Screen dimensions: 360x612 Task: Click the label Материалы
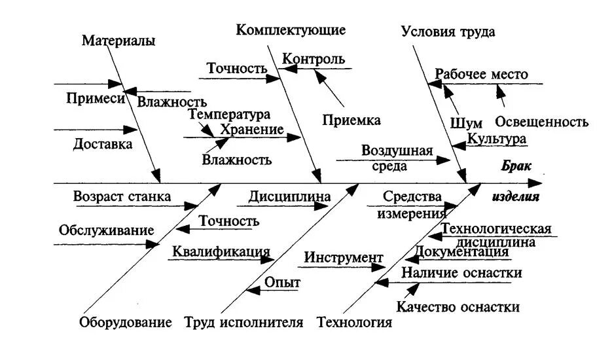(118, 41)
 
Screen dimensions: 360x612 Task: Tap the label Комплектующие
(291, 30)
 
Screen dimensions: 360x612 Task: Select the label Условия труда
(448, 31)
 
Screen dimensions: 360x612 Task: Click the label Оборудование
(126, 322)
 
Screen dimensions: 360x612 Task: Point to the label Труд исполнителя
(243, 322)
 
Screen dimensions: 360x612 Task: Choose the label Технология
(354, 322)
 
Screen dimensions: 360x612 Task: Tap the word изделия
(516, 196)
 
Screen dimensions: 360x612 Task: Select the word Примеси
(95, 98)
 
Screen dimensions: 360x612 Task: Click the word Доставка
(103, 144)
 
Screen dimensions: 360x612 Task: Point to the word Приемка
(351, 120)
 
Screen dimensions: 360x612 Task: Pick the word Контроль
(314, 59)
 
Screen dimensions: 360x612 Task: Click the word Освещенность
(542, 122)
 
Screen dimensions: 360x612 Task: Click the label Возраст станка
(122, 196)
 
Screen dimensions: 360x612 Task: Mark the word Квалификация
(221, 251)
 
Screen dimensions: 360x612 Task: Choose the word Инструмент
(344, 257)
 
